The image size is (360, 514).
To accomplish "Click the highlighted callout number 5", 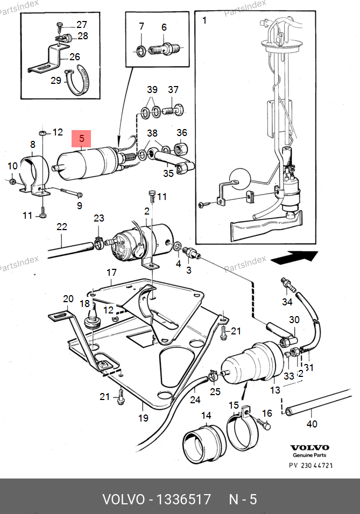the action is (82, 138).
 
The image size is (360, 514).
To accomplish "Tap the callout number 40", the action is (312, 424).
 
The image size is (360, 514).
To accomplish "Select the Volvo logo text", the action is (309, 447).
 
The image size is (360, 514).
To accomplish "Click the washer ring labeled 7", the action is (142, 51).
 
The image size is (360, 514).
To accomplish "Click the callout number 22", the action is (62, 226).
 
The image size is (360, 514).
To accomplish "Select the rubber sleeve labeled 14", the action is (204, 444).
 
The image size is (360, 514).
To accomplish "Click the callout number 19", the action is (143, 418).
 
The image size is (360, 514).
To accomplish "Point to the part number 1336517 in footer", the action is (183, 499).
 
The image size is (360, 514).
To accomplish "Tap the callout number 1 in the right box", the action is (204, 20).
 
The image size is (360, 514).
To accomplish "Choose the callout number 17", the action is (111, 273).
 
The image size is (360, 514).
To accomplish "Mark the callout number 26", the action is (74, 56).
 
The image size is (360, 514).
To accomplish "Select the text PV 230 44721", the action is (311, 465).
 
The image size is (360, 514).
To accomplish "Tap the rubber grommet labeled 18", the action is (93, 318).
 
